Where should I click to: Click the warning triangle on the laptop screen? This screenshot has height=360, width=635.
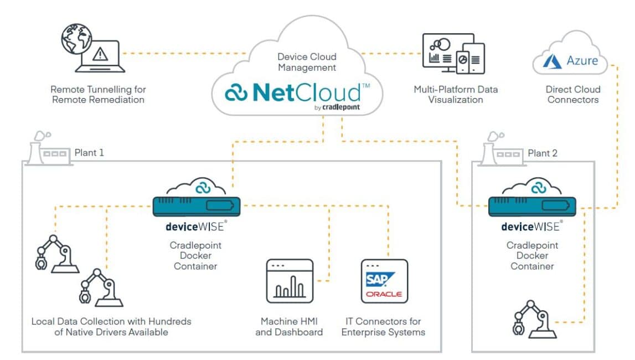[100, 54]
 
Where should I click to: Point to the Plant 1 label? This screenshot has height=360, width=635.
[89, 152]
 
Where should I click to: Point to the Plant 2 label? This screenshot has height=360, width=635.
[543, 153]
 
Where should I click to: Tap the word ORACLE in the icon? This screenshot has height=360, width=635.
[384, 294]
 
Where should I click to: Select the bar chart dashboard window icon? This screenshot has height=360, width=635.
[290, 281]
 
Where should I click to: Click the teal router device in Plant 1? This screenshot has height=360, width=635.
[197, 206]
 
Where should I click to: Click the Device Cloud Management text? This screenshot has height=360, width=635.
[307, 62]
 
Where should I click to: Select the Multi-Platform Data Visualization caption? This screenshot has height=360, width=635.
[456, 94]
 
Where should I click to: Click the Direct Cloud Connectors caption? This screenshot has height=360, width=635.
[573, 94]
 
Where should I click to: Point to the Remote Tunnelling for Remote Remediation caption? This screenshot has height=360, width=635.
[98, 94]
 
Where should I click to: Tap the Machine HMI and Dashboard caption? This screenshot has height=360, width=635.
[289, 327]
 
